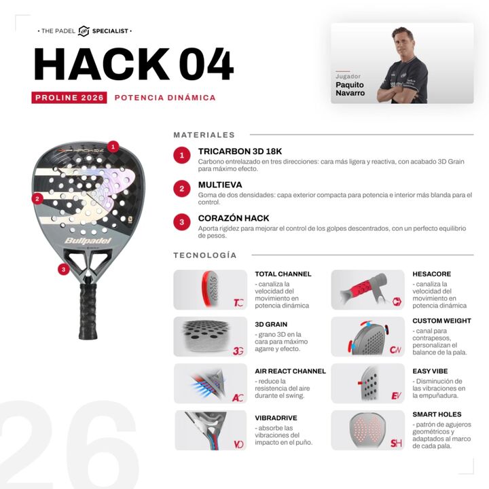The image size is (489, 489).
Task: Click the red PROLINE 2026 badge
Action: click(x=69, y=98)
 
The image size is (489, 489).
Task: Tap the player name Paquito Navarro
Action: click(x=350, y=89)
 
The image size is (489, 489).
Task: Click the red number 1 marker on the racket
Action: click(x=113, y=146)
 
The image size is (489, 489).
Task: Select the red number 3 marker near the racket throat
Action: click(x=64, y=270)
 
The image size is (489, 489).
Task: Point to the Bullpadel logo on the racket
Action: click(x=88, y=240)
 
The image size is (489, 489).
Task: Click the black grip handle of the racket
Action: click(x=88, y=311)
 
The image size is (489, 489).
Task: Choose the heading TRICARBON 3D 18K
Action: click(x=240, y=151)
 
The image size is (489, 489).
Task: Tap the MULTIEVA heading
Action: click(x=220, y=185)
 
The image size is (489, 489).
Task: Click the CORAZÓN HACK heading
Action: click(x=234, y=218)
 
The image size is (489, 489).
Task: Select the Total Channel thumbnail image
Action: click(x=210, y=290)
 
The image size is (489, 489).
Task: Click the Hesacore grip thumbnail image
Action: click(x=367, y=290)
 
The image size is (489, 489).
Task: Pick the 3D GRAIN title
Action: click(x=271, y=325)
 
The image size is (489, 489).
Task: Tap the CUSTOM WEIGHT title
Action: click(x=441, y=321)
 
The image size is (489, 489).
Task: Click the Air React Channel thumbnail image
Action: click(x=210, y=383)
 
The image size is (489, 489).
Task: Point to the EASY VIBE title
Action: click(x=430, y=371)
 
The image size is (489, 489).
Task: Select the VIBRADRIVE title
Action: click(x=276, y=418)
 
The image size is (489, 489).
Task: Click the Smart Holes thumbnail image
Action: click(x=367, y=430)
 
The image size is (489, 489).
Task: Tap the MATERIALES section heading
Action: click(x=204, y=135)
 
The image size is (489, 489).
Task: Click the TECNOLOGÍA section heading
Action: click(x=205, y=255)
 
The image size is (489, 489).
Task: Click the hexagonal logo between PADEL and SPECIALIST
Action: click(x=84, y=31)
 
